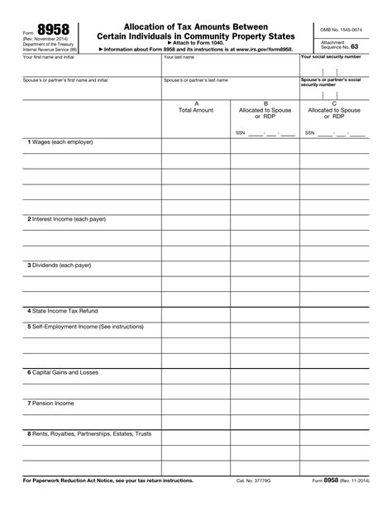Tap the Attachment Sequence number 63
(x=354, y=48)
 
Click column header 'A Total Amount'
(x=196, y=107)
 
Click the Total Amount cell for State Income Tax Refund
(x=196, y=311)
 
